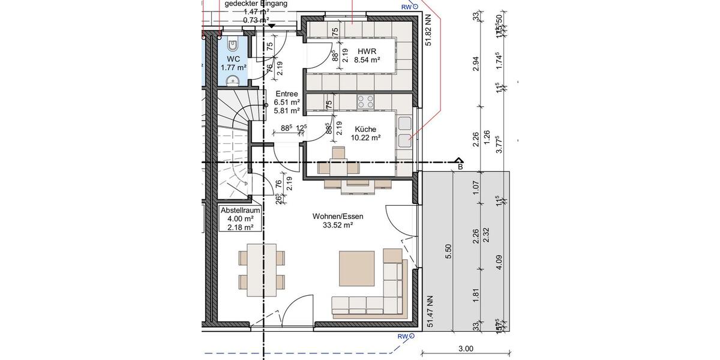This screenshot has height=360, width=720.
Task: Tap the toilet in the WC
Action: (233, 44)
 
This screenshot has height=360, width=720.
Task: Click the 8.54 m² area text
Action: (367, 60)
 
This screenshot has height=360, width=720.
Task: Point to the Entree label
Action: (287, 94)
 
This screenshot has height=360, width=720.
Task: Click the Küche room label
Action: (365, 129)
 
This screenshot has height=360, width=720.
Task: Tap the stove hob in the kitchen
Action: (365, 101)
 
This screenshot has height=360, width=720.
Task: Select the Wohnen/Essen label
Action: (338, 216)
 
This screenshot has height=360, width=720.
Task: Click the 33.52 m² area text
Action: (338, 225)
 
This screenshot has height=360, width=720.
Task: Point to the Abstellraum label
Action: (240, 211)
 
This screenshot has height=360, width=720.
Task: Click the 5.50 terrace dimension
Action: (447, 251)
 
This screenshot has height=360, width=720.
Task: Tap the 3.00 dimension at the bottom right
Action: (466, 349)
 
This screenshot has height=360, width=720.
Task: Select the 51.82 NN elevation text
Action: (428, 31)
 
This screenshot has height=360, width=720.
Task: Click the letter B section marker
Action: (460, 167)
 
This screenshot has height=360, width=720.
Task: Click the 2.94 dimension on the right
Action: (476, 64)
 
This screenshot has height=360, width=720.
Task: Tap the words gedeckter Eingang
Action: (256, 4)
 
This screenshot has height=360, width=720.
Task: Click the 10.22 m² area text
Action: (365, 138)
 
